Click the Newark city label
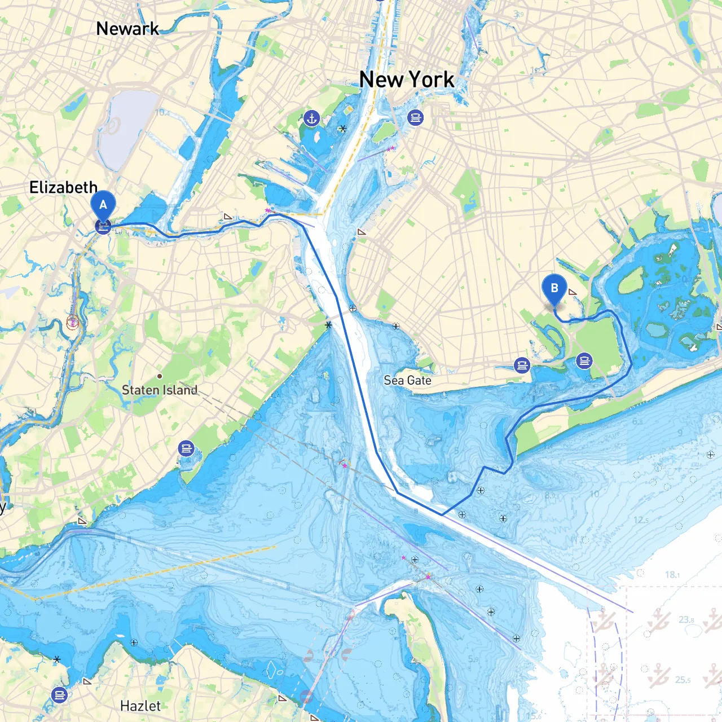pyautogui.click(x=127, y=28)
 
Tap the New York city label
pyautogui.click(x=407, y=80)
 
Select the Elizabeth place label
pyautogui.click(x=63, y=187)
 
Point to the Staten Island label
pyautogui.click(x=160, y=390)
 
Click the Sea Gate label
pyautogui.click(x=407, y=380)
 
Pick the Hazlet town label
pyautogui.click(x=140, y=706)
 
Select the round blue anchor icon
pyautogui.click(x=311, y=118)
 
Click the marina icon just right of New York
pyautogui.click(x=416, y=118)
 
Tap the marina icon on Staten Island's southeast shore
pyautogui.click(x=186, y=448)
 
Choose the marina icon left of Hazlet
pyautogui.click(x=60, y=694)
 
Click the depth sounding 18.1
pyautogui.click(x=672, y=575)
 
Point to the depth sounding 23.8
pyautogui.click(x=686, y=619)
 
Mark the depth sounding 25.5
pyautogui.click(x=683, y=680)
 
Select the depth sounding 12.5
pyautogui.click(x=641, y=520)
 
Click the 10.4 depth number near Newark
pyautogui.click(x=162, y=113)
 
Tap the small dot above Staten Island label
pyautogui.click(x=160, y=376)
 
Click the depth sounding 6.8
pyautogui.click(x=637, y=421)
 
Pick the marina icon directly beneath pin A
pyautogui.click(x=103, y=227)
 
